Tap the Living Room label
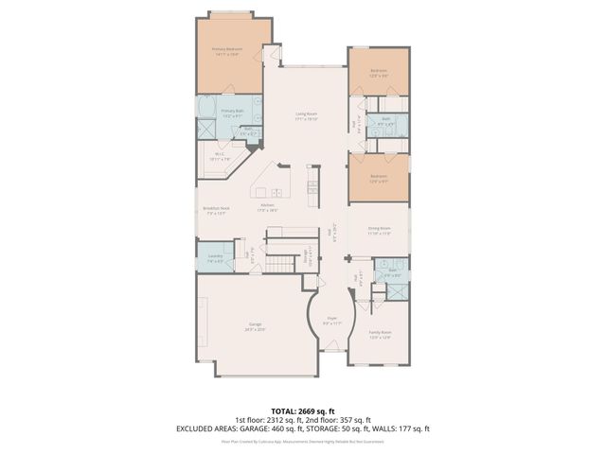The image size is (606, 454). coord(306,116)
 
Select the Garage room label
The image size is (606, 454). coord(229,326)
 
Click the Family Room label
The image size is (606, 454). coord(380,335)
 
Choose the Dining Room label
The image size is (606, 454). coord(379,230)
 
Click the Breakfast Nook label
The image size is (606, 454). coord(216,210)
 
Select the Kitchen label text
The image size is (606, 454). coord(268,207)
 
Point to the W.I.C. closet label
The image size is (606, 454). coord(219,156)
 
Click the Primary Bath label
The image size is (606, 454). coord(233,113)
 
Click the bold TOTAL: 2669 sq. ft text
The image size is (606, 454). coord(303,410)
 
